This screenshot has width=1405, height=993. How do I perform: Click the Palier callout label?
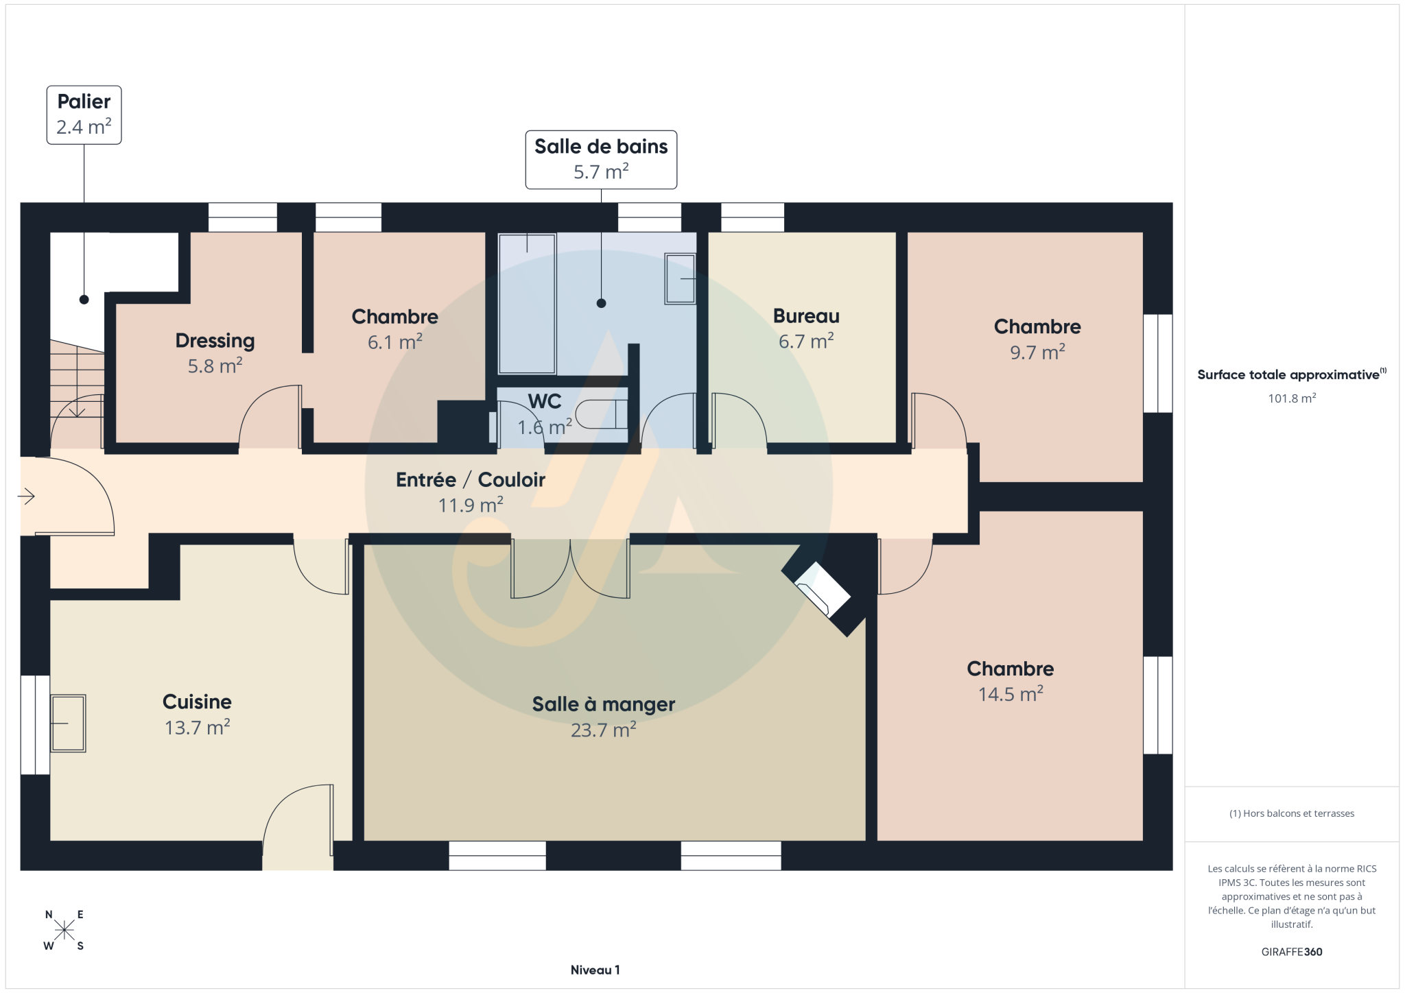pos(84,115)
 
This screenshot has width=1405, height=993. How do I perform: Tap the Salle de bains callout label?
pos(601,159)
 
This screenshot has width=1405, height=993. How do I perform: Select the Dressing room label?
pos(215,352)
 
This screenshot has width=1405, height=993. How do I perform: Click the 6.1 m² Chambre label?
pos(395,328)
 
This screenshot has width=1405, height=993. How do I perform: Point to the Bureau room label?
pos(806,328)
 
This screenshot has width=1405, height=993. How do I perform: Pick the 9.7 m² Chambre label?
pos(1037,339)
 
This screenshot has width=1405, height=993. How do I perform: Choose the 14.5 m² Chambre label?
pos(1011,681)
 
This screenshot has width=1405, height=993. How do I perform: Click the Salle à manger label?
pos(604,717)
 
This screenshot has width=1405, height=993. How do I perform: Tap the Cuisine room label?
pos(197,714)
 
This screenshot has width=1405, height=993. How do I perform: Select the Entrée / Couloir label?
pos(471,492)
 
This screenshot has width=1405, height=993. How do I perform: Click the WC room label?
pos(545,414)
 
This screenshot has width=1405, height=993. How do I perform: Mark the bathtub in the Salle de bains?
pos(527,304)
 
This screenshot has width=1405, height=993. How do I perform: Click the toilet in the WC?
pos(601,414)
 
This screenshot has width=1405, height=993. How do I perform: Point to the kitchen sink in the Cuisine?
pos(68,723)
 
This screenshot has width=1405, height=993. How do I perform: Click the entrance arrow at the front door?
pos(26,496)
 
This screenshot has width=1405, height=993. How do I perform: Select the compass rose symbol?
pos(64,930)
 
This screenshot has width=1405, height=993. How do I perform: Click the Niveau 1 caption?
pos(595,970)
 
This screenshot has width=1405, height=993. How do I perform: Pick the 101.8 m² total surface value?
pos(1292,398)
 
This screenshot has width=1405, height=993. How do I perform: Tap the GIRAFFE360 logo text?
pos(1292,952)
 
